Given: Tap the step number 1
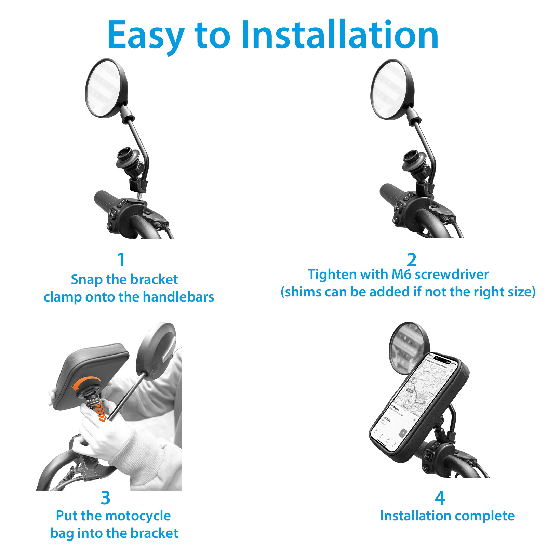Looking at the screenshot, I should click(121, 260).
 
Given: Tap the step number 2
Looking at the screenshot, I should click(412, 260).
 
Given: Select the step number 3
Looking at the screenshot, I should click(106, 498).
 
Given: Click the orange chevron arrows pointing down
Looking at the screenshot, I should click(100, 412).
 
